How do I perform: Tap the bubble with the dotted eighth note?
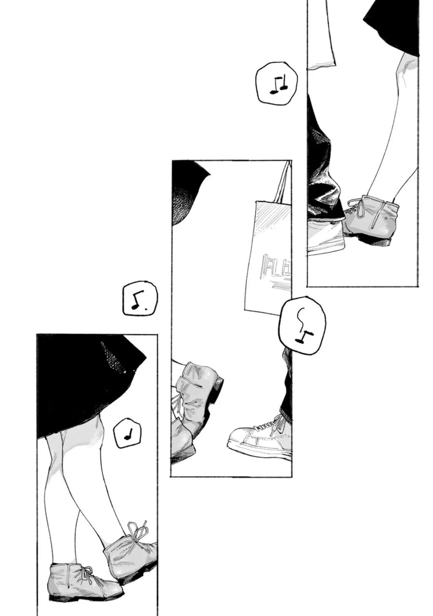140,299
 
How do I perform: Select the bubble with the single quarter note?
127,433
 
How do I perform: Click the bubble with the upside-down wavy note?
302,325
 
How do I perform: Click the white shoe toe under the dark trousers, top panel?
326,236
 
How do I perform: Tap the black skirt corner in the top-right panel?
395,24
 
